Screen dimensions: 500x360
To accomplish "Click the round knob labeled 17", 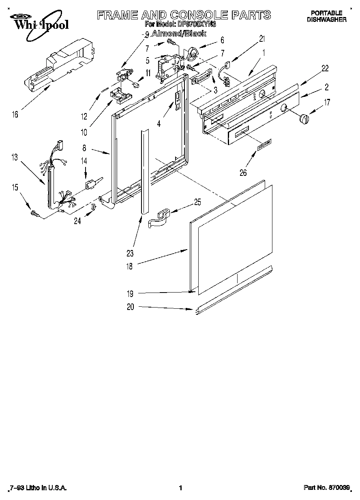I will pos(304,120).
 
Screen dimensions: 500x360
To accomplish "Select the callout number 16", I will pos(15,115).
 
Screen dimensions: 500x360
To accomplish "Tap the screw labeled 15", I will pos(35,213).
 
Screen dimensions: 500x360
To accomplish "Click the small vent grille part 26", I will pos(264,145).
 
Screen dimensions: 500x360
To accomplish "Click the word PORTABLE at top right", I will pos(326,13).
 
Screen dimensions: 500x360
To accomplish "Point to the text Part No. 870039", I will pos(326,488).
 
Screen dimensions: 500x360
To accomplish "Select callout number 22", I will pos(325,68).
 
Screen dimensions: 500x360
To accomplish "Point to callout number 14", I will pos(84,160).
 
